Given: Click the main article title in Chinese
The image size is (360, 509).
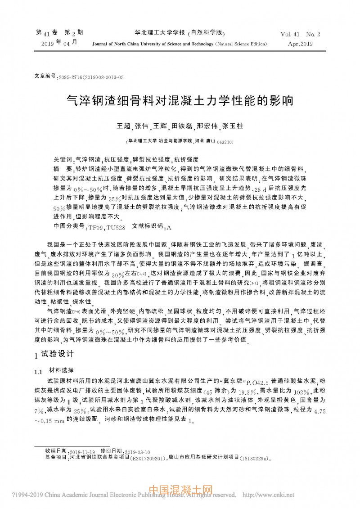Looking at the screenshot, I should (180, 100).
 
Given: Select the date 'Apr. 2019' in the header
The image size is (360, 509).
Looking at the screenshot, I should (300, 44).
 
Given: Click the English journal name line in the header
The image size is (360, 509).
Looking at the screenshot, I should (180, 44).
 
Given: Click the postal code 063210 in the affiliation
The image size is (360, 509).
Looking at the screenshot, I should (225, 141).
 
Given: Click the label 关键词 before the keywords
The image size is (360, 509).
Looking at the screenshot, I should (62, 160).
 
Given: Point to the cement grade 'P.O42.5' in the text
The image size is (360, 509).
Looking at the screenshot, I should (246, 380).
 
